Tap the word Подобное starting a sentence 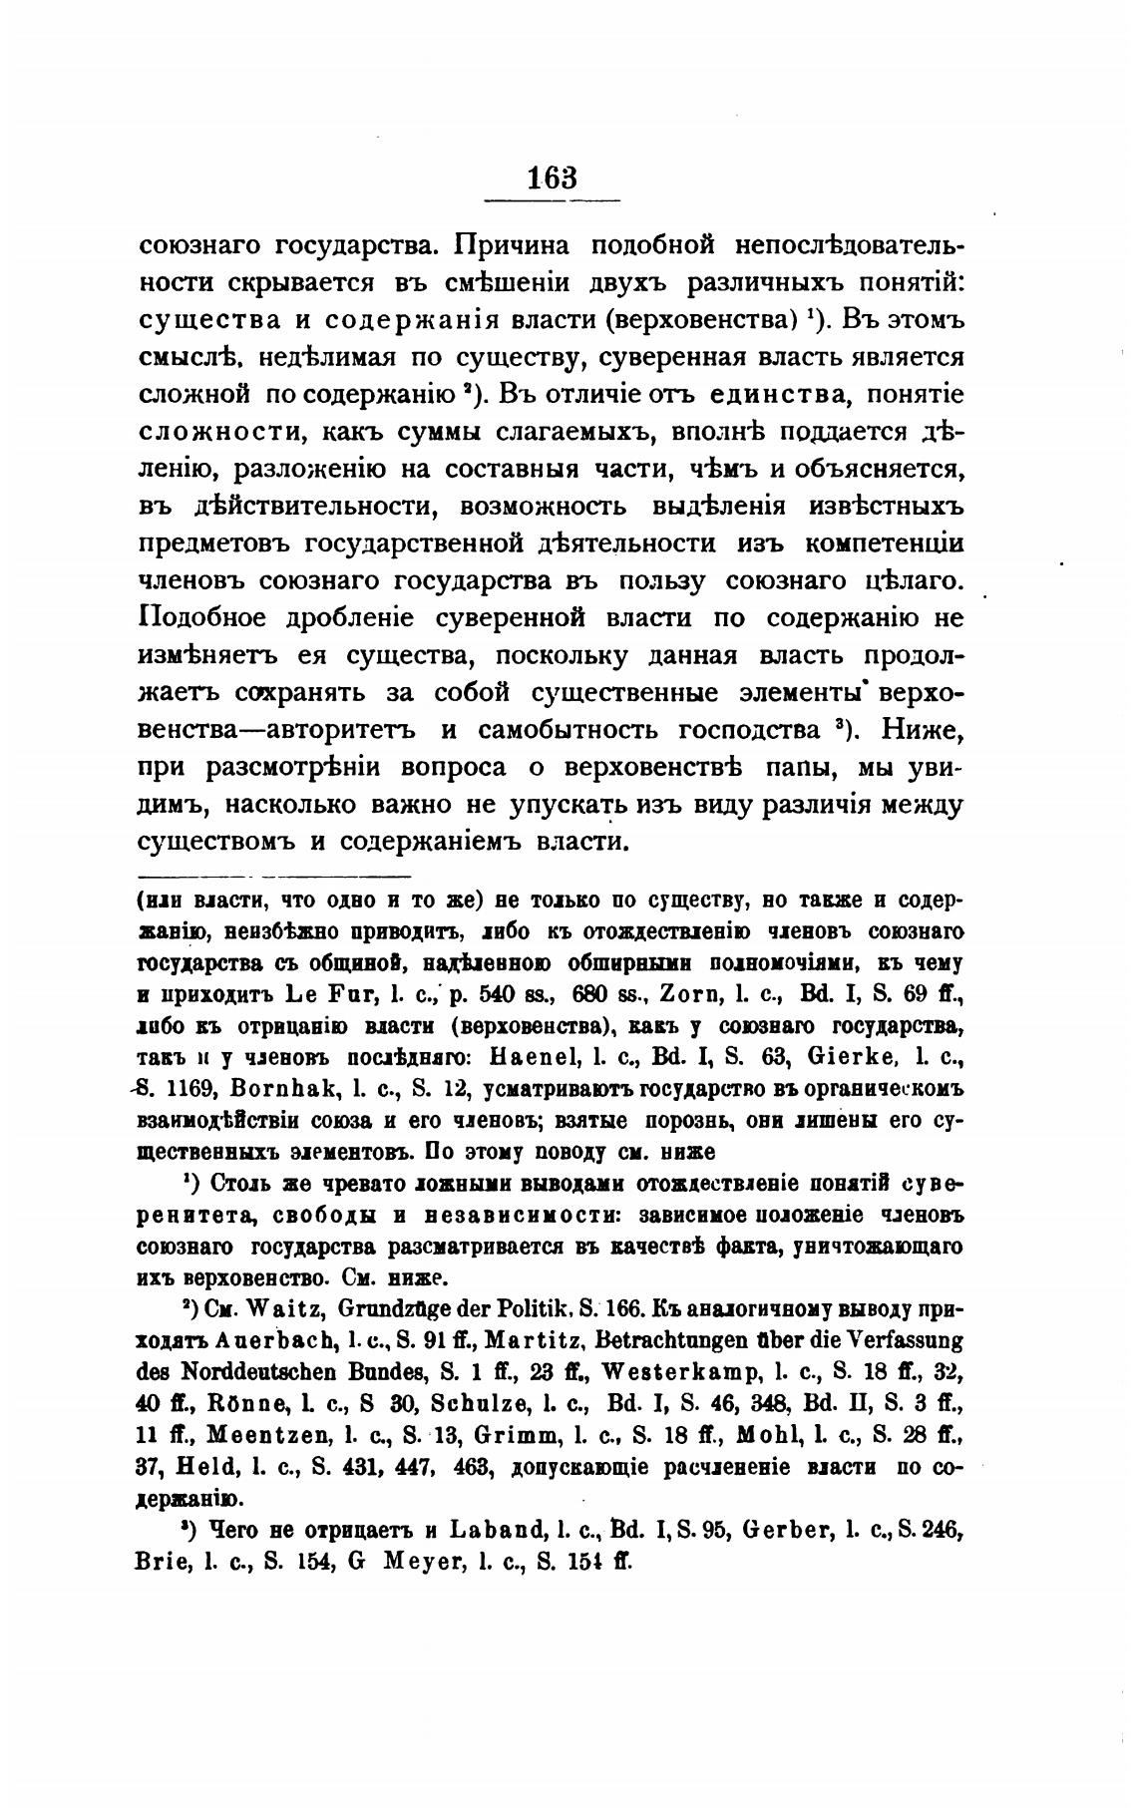click(x=201, y=618)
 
